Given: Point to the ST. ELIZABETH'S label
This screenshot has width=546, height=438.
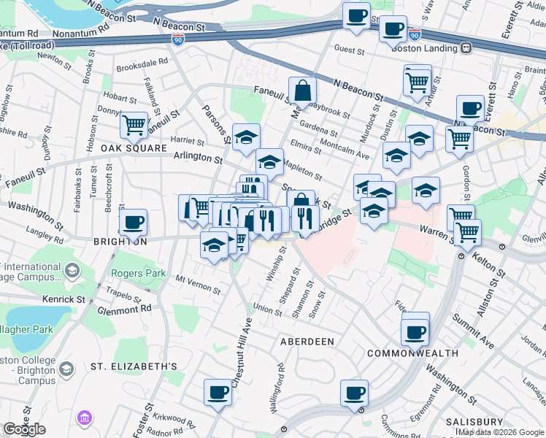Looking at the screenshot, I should click(134, 366).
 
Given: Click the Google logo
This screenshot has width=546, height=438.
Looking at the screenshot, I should click(24, 429).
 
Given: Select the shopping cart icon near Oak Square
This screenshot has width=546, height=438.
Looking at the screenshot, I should click(134, 124).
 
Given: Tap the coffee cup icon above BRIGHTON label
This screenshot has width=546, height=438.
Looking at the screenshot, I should click(133, 222).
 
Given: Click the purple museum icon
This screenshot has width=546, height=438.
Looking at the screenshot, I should click(84, 418).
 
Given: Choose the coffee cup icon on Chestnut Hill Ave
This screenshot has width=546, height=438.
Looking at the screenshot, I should click(218, 393).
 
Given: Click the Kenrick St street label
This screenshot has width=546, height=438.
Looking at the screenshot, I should click(64, 299).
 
